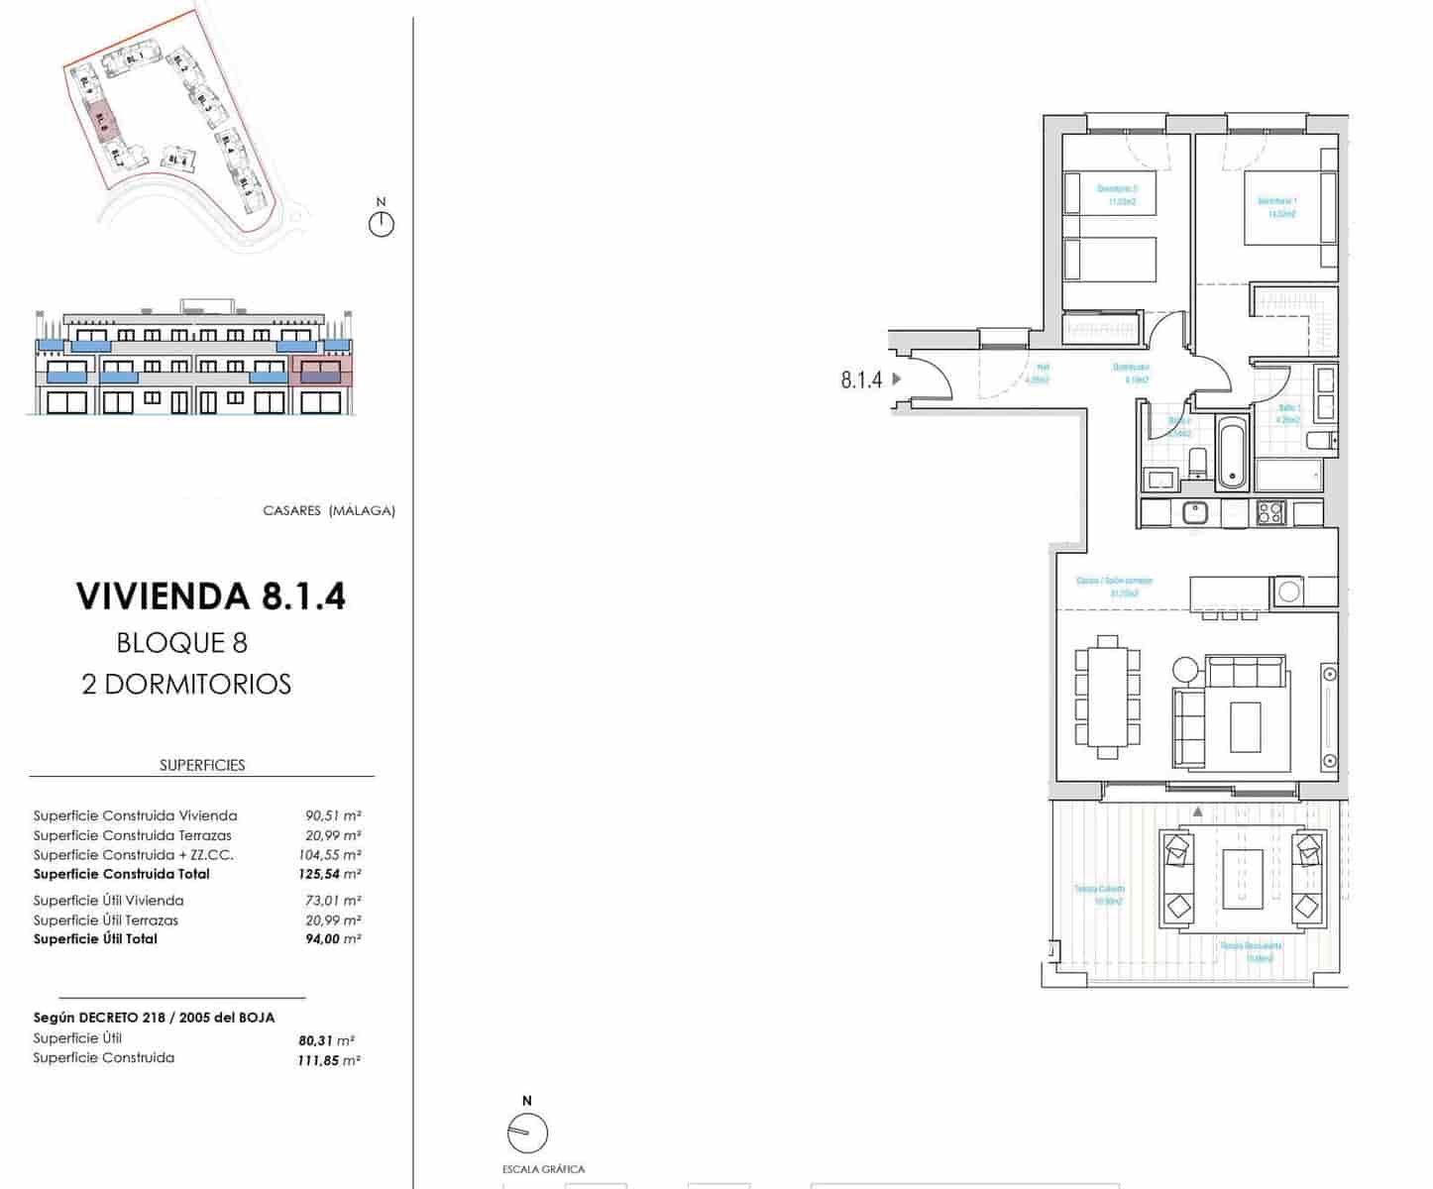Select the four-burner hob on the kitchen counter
coord(1270,512)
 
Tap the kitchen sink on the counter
coord(1196,512)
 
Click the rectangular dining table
coord(1108,697)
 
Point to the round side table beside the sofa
coord(1185,669)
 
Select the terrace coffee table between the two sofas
coord(1243,879)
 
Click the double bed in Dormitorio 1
coord(1288,208)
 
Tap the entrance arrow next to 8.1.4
coord(897,378)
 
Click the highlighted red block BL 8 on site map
coord(102,121)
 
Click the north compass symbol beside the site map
coord(381,222)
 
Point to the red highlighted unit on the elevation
coord(320,374)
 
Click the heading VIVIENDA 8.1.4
coord(210,596)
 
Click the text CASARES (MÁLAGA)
coord(328,511)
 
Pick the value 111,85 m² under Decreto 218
coord(329,1060)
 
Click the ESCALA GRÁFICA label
coord(543,1169)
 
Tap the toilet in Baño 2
coord(1196,462)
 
